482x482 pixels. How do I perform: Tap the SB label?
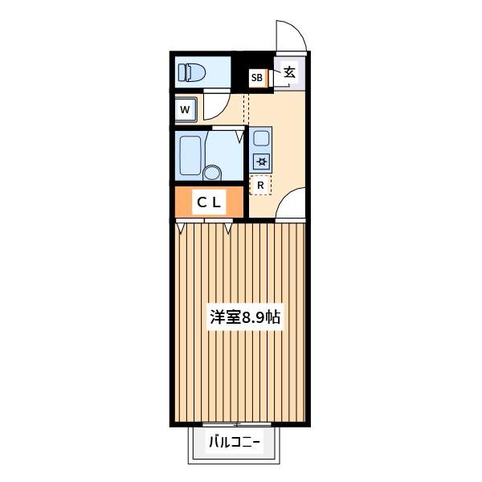(x=256, y=78)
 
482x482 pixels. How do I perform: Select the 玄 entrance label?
(x=290, y=72)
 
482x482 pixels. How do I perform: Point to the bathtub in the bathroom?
(x=190, y=155)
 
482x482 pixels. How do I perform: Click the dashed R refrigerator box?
(x=260, y=185)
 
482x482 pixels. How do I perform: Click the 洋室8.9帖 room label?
(x=246, y=317)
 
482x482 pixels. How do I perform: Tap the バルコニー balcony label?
(x=235, y=441)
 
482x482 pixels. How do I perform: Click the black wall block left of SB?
(x=239, y=72)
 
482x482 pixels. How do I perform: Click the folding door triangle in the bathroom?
(x=239, y=137)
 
